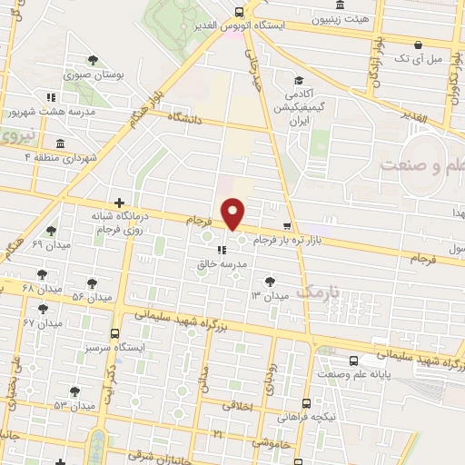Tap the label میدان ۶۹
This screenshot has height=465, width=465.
[51, 245]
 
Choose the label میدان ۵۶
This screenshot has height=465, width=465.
[92, 296]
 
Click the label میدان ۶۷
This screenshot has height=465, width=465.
[40, 322]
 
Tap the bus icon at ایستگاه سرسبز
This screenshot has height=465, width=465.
[115, 333]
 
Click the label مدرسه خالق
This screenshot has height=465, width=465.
[217, 265]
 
